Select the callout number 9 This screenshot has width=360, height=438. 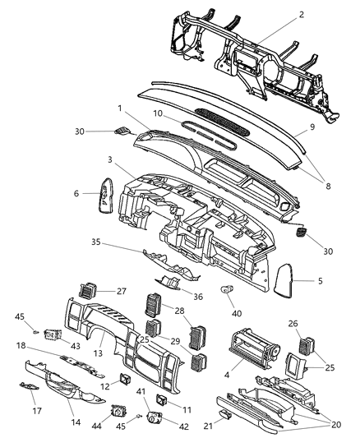tap(312, 127)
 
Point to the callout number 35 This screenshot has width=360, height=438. tap(119, 242)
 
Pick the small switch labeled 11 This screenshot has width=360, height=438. tap(162, 399)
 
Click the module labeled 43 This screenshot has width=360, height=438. tap(55, 335)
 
